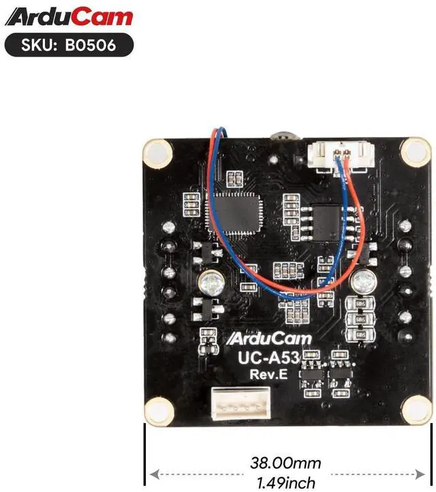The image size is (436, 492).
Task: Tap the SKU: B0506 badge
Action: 67,45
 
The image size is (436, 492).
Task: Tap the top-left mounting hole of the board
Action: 158,151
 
